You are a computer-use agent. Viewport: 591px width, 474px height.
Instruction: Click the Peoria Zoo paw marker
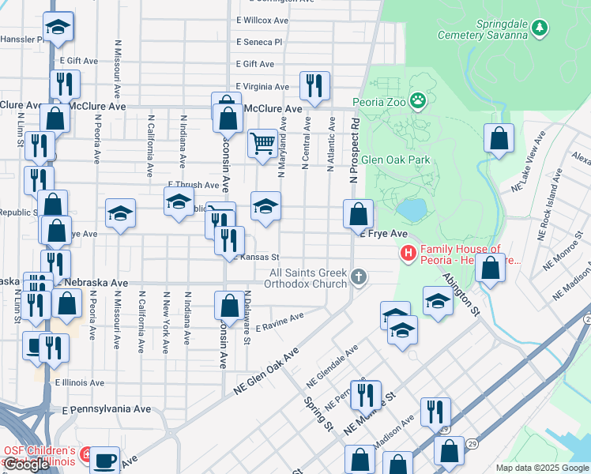[x=417, y=100]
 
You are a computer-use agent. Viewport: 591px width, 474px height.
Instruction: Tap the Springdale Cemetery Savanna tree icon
[x=540, y=28]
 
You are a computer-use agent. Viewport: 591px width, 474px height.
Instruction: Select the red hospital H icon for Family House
[x=408, y=254]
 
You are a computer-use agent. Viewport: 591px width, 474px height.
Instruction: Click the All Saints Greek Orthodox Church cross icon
[x=359, y=277]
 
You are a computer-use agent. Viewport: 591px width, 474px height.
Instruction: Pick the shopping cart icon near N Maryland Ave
[x=262, y=144]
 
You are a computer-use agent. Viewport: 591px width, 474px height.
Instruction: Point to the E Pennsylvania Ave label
[x=107, y=410]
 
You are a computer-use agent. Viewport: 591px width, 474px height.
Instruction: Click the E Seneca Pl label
[x=258, y=42]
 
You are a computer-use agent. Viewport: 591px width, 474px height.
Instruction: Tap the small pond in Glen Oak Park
[x=410, y=209]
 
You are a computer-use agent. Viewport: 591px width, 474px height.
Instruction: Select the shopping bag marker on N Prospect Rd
[x=358, y=213]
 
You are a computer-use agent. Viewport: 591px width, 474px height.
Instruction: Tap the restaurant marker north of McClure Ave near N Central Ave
[x=314, y=85]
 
